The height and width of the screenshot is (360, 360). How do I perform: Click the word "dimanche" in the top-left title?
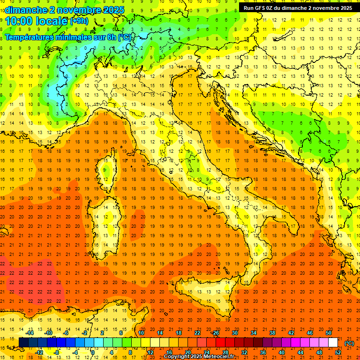click(x=25, y=10)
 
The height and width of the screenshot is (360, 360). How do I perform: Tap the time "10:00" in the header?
click(x=19, y=21)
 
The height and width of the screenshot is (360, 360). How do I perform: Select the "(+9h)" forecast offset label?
click(x=78, y=21)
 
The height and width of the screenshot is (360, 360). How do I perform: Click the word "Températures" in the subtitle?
click(x=30, y=37)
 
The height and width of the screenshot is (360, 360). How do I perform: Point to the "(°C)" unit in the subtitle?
click(x=124, y=37)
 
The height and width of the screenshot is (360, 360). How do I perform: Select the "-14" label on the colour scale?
click(x=30, y=333)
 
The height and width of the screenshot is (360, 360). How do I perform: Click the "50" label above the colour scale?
click(x=329, y=333)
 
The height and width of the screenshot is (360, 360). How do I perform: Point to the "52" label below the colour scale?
click(x=338, y=352)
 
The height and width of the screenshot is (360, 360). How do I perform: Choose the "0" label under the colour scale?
click(x=93, y=352)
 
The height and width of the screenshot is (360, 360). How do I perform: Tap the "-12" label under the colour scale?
click(x=39, y=352)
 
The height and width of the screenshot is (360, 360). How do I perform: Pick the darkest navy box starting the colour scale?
click(x=23, y=343)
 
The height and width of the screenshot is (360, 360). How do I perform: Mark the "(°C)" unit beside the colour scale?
click(x=349, y=343)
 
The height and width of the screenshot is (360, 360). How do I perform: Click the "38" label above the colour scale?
click(x=272, y=333)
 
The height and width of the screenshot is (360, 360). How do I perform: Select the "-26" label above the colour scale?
click(x=215, y=333)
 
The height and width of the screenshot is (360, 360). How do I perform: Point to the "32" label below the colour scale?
click(x=244, y=352)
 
